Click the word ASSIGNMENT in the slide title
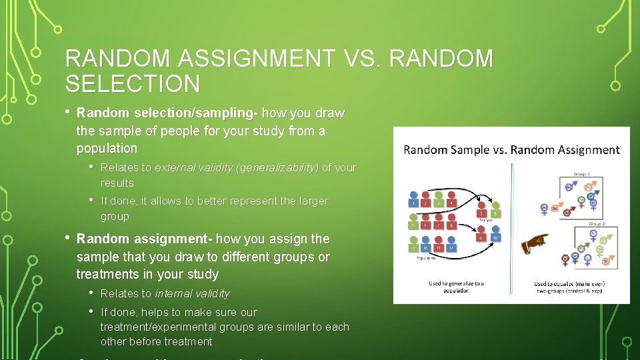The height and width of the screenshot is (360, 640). click(257, 59)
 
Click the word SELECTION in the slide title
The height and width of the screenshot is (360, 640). click(132, 84)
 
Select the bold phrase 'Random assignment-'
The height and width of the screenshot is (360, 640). click(145, 239)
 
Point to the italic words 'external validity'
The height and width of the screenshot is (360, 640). click(193, 168)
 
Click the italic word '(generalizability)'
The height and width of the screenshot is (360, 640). click(277, 168)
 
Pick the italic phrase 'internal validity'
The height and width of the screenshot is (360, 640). click(192, 293)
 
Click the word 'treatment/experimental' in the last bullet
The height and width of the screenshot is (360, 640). click(155, 327)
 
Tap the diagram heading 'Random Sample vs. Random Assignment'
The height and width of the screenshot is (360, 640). click(511, 150)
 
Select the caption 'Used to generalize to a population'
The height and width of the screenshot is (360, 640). click(457, 287)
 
